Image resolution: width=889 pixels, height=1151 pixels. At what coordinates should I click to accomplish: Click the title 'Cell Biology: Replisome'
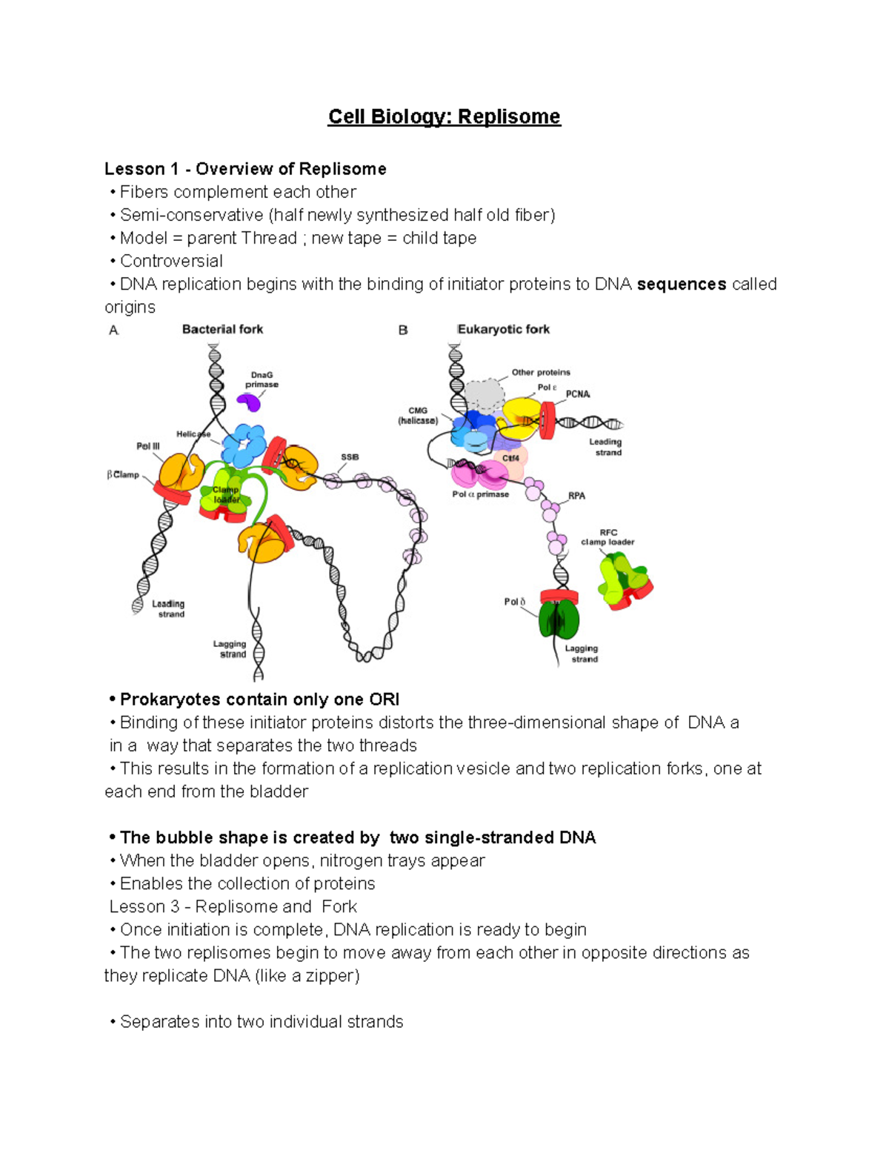click(x=444, y=117)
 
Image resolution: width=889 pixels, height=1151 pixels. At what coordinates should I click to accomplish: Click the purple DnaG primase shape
click(x=249, y=402)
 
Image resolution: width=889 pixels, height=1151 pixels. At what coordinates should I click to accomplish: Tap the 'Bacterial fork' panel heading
click(x=222, y=329)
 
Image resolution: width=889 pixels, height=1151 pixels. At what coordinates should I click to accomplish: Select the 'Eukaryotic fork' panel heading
click(x=504, y=329)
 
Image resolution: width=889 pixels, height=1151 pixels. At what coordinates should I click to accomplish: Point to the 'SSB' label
click(x=350, y=457)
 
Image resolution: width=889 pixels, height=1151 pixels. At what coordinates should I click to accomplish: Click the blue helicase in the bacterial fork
click(x=245, y=445)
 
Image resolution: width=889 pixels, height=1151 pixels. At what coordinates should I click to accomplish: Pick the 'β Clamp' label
click(x=123, y=474)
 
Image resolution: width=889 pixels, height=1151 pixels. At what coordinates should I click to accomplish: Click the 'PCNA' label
click(x=578, y=394)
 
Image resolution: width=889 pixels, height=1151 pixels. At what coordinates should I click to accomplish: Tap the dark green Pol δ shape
click(x=559, y=620)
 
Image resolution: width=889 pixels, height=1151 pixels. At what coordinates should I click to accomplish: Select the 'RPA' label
click(x=576, y=496)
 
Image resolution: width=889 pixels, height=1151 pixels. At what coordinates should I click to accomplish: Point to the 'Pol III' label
click(x=148, y=446)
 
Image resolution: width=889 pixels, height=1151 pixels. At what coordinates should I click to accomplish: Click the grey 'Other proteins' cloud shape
click(x=484, y=396)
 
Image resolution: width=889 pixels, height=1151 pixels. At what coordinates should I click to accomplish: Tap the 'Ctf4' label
click(x=510, y=459)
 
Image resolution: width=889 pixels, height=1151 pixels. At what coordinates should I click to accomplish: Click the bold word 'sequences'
click(x=681, y=285)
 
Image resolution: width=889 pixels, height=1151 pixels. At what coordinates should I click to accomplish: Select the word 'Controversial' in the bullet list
click(x=171, y=262)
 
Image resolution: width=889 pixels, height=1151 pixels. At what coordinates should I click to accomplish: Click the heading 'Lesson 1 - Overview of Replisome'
click(x=245, y=169)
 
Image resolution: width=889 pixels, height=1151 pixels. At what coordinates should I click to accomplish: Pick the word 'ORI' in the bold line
click(x=384, y=700)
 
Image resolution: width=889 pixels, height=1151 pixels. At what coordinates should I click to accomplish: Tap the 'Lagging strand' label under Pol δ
click(x=582, y=654)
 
